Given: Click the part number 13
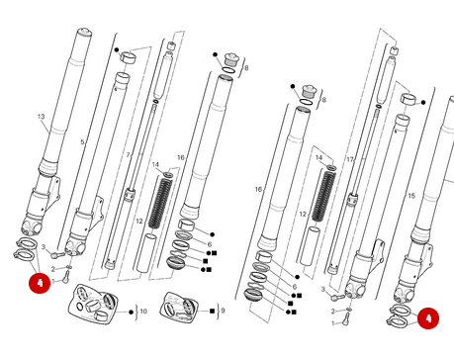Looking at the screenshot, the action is (42, 117).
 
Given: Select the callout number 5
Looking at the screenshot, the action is (82, 142).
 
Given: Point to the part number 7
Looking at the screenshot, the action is (128, 155).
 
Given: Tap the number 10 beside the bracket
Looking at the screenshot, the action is (143, 311).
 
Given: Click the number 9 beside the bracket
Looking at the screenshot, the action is (223, 311).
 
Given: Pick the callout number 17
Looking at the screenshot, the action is (350, 159).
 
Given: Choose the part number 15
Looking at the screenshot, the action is (411, 196).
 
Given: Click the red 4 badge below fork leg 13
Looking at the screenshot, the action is (40, 283).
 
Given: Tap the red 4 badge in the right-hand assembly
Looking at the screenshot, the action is (428, 318).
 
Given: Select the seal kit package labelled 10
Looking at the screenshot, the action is (93, 305).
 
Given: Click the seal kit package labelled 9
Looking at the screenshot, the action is (179, 307).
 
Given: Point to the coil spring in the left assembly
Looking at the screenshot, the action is (160, 203).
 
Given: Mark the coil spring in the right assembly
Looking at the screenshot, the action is (323, 195).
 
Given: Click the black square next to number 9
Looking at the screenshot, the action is (212, 311).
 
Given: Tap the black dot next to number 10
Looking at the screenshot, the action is (131, 312).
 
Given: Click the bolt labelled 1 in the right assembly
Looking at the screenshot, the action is (345, 319).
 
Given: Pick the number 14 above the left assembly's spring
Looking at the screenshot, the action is (155, 164).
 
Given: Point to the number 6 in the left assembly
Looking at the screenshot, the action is (210, 244).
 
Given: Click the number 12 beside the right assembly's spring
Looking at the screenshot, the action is (303, 215).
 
